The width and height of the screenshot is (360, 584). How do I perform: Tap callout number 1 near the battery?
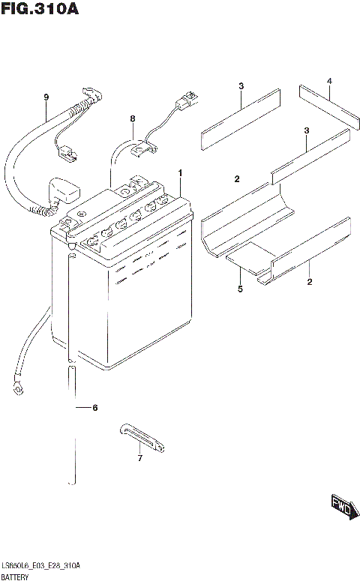point(180,173)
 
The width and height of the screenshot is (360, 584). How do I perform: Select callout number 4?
point(328,81)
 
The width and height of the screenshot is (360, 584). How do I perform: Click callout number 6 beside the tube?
point(94,408)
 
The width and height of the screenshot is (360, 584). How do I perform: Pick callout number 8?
point(132,118)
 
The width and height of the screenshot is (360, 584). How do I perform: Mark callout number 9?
point(46,97)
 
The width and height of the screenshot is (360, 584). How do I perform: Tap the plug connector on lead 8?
point(186,99)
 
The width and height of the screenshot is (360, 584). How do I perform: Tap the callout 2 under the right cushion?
point(309,282)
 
